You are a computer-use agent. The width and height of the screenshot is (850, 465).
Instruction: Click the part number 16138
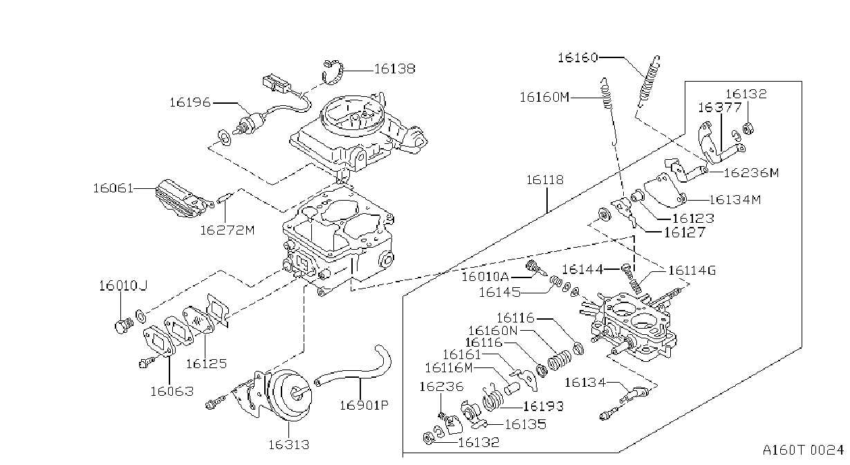[395, 69]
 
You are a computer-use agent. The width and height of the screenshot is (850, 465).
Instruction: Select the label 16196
[190, 102]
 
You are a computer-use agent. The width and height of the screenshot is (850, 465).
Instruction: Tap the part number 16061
[113, 188]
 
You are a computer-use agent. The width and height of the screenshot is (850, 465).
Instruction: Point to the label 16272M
[228, 230]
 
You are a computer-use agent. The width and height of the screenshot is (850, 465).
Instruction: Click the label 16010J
[123, 286]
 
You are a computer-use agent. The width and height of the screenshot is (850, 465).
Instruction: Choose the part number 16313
[289, 444]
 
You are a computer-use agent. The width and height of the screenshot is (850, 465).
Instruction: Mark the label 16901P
[364, 405]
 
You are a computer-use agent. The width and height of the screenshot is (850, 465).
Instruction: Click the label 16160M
[544, 97]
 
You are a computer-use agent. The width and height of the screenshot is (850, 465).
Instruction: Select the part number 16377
[720, 107]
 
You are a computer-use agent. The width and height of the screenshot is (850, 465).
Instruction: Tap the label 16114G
[692, 271]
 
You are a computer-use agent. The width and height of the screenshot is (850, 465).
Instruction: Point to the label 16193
[544, 406]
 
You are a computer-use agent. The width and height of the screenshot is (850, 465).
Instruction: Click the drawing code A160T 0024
[803, 450]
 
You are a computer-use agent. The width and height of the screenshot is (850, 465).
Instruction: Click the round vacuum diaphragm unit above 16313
[291, 395]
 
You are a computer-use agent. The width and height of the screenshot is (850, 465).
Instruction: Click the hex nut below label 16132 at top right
[748, 128]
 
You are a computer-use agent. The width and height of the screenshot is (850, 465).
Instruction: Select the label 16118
[545, 179]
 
